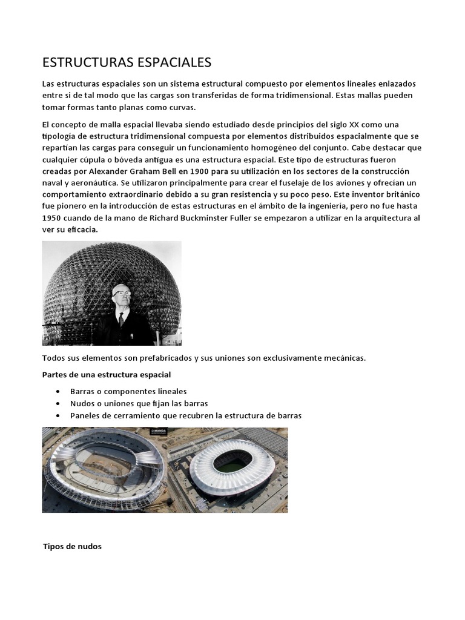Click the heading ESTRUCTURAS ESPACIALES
click(127, 62)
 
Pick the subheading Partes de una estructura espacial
click(107, 375)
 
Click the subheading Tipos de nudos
click(73, 546)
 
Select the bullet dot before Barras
click(57, 392)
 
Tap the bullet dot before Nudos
click(57, 404)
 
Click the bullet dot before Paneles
click(57, 416)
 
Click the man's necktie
click(121, 320)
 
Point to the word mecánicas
click(344, 358)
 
